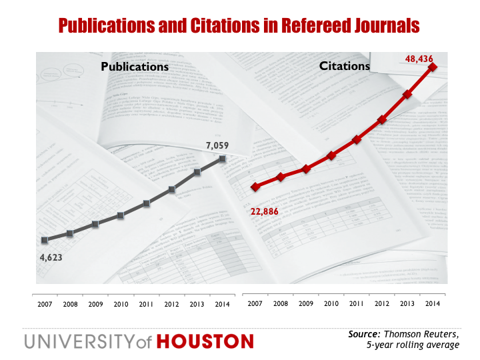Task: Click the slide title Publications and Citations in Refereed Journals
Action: click(x=239, y=25)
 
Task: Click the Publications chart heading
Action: click(x=135, y=67)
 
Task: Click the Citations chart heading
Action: click(x=343, y=66)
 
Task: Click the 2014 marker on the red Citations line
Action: click(x=433, y=67)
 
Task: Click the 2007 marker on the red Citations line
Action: click(x=255, y=187)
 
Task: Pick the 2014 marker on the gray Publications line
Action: click(x=223, y=159)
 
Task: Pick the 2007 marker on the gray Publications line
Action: click(x=45, y=239)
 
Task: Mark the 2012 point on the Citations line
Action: click(x=382, y=120)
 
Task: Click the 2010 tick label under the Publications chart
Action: click(x=121, y=303)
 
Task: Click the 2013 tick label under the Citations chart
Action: click(x=407, y=303)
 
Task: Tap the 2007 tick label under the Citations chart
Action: click(x=255, y=303)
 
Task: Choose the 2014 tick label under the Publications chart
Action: click(x=223, y=303)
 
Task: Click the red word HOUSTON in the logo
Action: click(x=205, y=342)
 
